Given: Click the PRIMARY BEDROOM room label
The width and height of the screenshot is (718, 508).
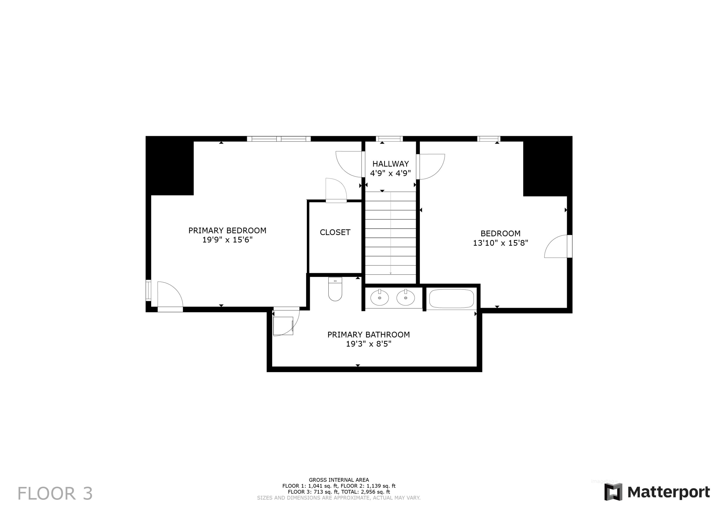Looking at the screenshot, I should click(x=227, y=231).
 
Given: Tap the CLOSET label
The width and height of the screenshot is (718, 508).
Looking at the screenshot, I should click(x=335, y=232).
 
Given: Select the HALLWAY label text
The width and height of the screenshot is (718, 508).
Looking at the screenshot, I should click(x=390, y=164).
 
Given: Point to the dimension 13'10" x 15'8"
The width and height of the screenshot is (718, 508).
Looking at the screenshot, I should click(x=500, y=243).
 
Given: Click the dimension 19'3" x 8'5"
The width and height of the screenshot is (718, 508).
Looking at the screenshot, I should click(x=368, y=344).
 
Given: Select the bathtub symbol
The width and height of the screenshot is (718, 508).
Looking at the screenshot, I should click(x=451, y=299).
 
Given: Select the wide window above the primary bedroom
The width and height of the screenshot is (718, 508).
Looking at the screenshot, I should click(x=279, y=139).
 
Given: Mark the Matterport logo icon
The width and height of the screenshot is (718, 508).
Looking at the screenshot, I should click(x=613, y=492).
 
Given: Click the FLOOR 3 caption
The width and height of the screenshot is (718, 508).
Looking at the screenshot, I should click(x=55, y=494).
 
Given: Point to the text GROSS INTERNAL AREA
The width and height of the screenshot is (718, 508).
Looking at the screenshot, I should click(x=339, y=480).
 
